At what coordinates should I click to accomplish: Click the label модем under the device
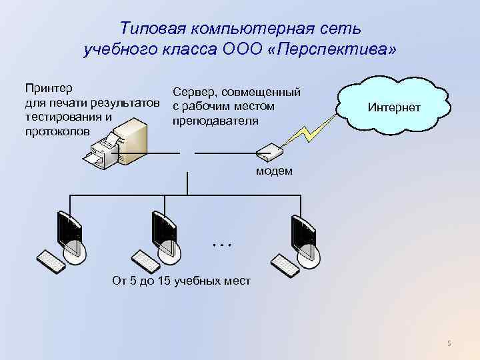(x=274, y=171)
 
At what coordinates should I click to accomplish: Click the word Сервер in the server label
(x=192, y=93)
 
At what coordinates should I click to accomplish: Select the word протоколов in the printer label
(x=57, y=131)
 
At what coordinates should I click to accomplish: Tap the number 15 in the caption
(x=162, y=281)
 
